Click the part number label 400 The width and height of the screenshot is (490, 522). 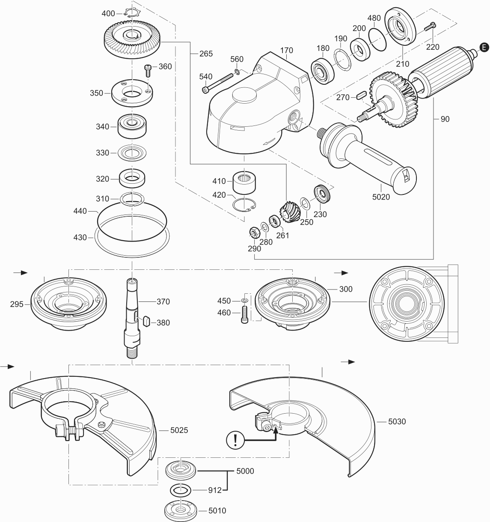(x=108, y=14)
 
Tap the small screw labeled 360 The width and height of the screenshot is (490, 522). (x=148, y=70)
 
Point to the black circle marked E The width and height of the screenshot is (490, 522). (x=483, y=47)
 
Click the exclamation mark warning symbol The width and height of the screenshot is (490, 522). (x=235, y=440)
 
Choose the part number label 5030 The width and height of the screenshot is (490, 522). (x=397, y=421)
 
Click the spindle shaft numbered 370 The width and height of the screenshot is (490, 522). (x=132, y=317)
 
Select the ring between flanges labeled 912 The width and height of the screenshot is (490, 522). (x=180, y=489)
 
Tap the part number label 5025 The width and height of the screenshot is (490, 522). (x=179, y=430)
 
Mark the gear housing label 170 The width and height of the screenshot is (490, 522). (x=286, y=51)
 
